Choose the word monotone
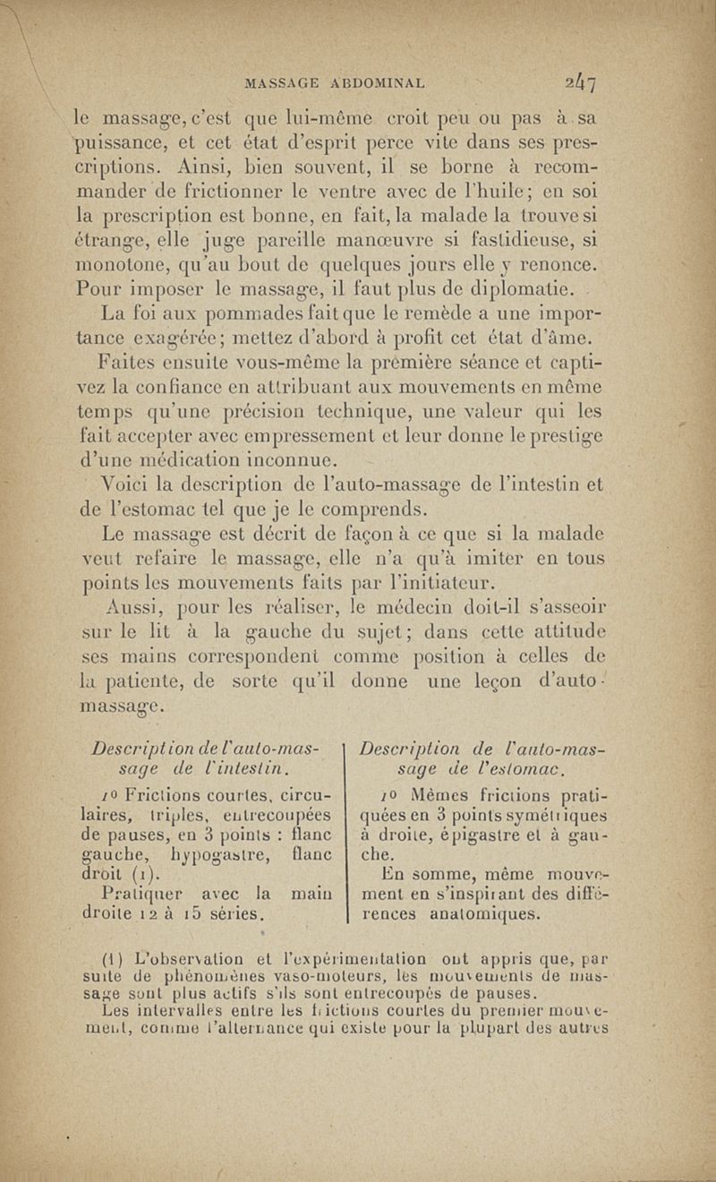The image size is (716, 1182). pos(138,265)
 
